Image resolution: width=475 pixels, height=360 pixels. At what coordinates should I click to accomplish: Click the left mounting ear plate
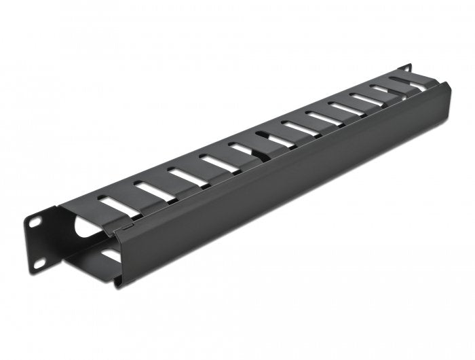(43, 241)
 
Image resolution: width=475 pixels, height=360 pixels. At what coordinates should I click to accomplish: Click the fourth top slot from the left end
(217, 162)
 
